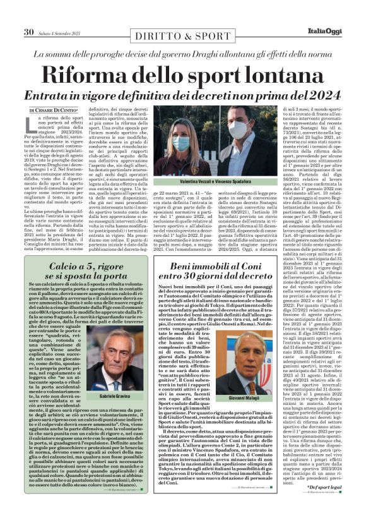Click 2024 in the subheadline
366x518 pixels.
point(321,95)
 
